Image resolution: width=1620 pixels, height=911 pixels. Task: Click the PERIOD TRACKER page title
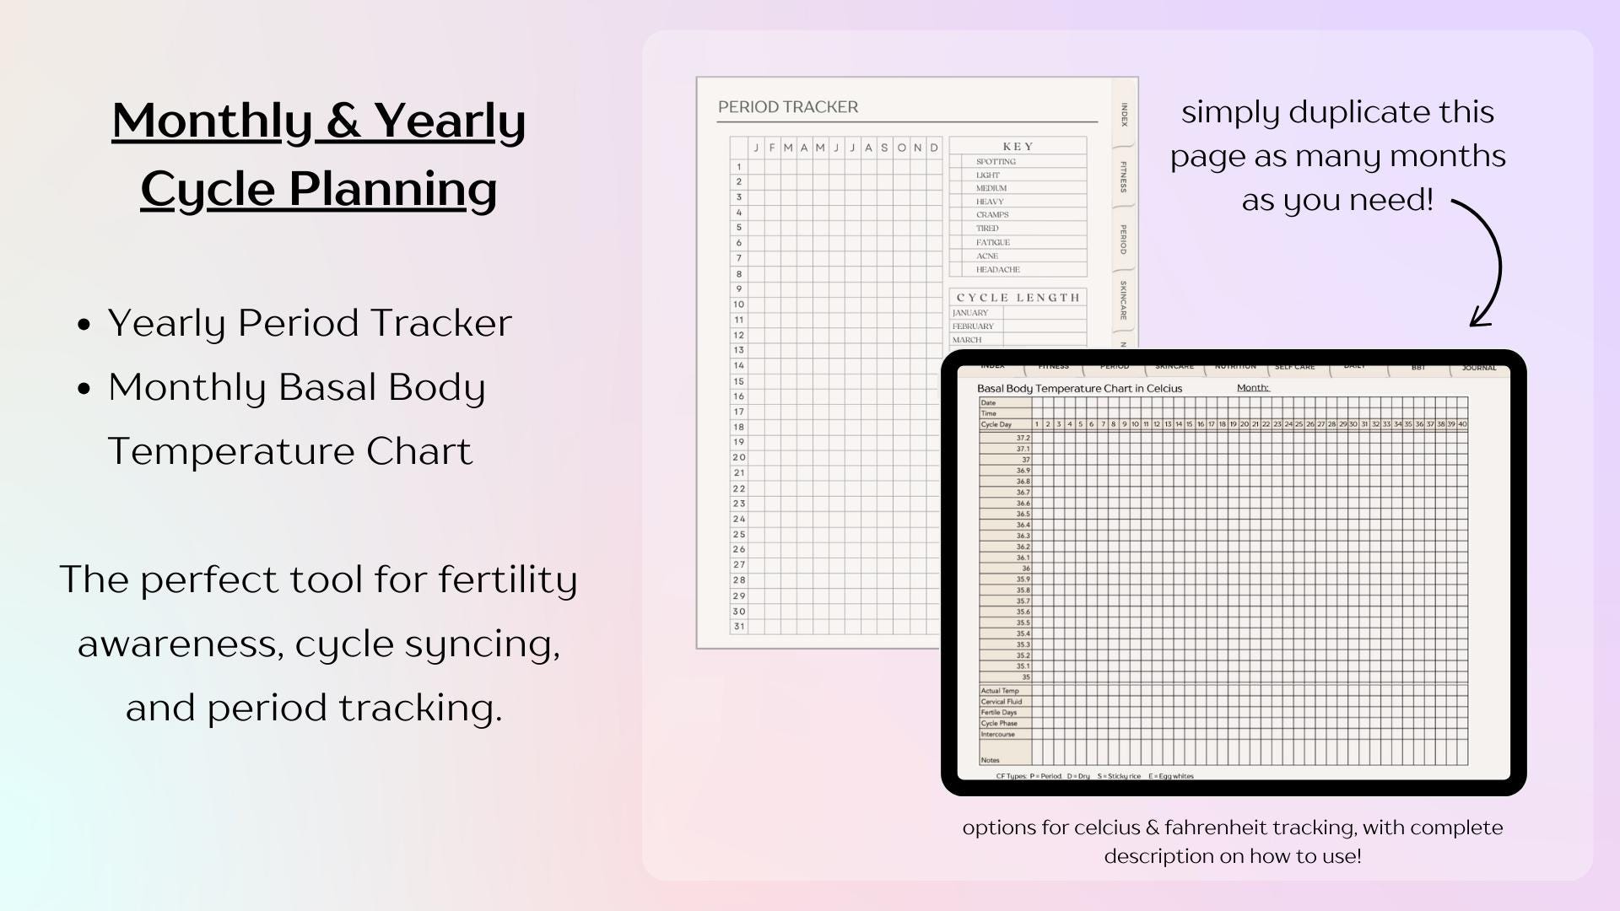[x=787, y=107]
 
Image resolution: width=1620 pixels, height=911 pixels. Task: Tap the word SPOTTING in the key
[x=996, y=161]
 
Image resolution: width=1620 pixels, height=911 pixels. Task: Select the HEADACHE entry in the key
[x=997, y=270]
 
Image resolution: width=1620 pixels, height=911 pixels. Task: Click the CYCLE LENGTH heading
[x=1018, y=298]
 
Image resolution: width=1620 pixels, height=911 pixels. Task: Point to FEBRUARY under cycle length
[x=973, y=326]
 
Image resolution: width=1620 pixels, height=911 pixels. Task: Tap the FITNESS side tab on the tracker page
[x=1124, y=176]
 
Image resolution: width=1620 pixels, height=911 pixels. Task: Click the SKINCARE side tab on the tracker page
[x=1124, y=299]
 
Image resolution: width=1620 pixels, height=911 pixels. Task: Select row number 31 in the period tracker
[x=739, y=627]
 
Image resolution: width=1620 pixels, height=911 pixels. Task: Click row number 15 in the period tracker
[x=739, y=381]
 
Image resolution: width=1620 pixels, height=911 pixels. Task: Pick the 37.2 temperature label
[x=1023, y=439]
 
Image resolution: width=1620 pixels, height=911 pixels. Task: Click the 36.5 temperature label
[x=1023, y=515]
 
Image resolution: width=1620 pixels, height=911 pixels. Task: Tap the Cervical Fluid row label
[x=1002, y=702]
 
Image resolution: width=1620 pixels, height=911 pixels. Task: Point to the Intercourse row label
[x=998, y=735]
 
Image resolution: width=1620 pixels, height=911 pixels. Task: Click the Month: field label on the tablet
[x=1253, y=388]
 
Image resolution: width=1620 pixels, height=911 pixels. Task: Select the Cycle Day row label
[x=996, y=424]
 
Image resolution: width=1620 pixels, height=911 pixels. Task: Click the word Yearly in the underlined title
[x=449, y=121]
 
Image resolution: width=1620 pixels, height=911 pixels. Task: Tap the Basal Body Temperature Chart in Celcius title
[x=1079, y=389]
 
